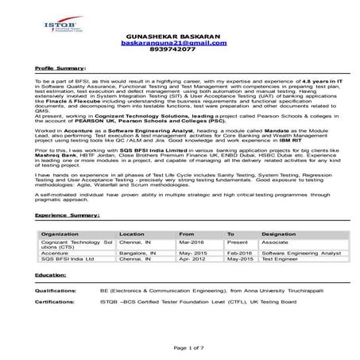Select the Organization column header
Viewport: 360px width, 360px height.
coord(60,234)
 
